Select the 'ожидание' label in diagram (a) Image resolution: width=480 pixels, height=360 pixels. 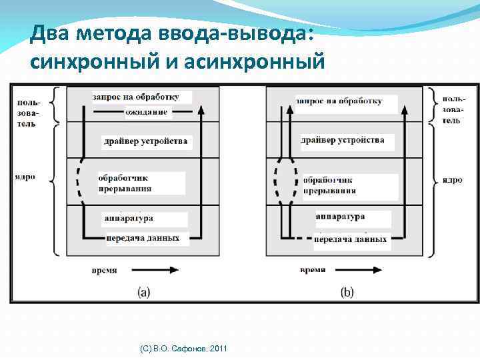click(x=146, y=112)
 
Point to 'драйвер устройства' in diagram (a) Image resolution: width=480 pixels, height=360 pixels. click(x=145, y=141)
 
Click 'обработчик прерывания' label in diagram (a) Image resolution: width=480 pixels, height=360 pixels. click(x=125, y=183)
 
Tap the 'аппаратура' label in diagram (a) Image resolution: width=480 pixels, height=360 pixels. click(x=129, y=218)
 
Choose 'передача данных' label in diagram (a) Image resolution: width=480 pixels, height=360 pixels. click(x=143, y=238)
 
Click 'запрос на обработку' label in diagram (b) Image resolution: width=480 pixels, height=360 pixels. click(x=339, y=101)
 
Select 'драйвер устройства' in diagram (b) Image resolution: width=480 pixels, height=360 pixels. click(x=343, y=140)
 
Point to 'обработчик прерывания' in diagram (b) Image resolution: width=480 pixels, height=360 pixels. click(x=329, y=185)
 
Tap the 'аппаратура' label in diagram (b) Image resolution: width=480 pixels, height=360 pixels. click(x=341, y=217)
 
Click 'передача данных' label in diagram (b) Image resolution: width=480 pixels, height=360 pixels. click(x=350, y=239)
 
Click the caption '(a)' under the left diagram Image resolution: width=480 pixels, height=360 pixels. click(x=143, y=291)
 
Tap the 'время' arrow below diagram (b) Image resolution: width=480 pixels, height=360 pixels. click(x=358, y=270)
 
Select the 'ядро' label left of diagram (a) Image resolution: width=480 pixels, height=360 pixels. click(x=25, y=177)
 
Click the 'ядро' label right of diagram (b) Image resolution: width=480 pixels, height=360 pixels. click(x=451, y=180)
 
